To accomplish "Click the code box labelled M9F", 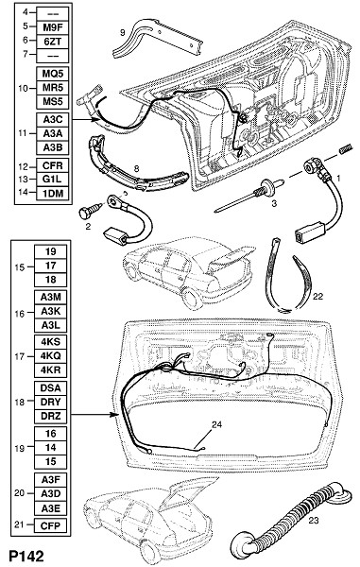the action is click(53, 27).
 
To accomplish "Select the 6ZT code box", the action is click(53, 42).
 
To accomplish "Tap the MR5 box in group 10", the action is click(53, 88).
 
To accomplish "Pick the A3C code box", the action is click(53, 120).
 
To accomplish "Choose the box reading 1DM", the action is click(53, 193).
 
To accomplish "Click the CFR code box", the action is click(53, 165).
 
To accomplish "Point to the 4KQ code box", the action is click(51, 356).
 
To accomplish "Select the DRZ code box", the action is click(51, 416).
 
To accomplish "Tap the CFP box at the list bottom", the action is click(51, 525).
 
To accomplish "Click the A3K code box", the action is click(51, 311).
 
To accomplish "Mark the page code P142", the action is click(26, 557).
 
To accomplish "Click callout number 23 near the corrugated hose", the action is click(314, 521).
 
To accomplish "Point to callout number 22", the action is click(317, 297).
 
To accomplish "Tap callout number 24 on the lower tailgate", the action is click(217, 424).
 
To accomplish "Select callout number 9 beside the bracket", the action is click(123, 32).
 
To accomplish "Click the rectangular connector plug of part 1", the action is click(309, 232).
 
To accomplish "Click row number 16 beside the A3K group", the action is click(20, 314).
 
